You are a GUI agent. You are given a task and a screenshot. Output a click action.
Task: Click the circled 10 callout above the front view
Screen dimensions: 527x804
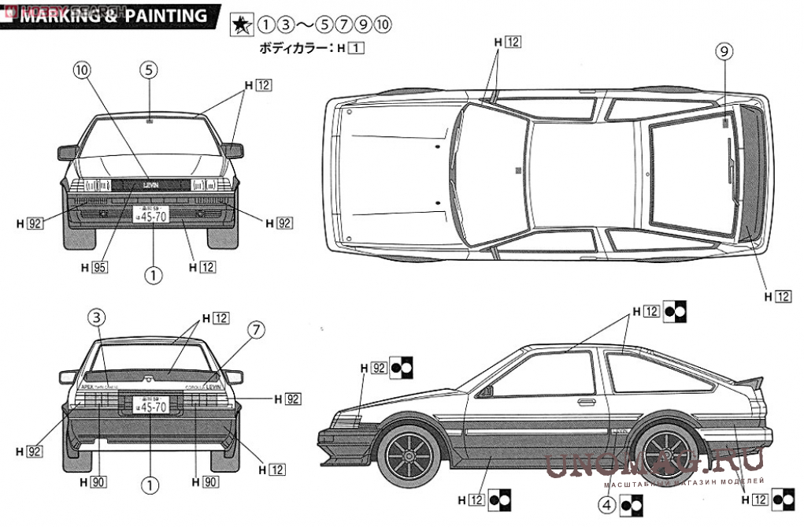coord(83,69)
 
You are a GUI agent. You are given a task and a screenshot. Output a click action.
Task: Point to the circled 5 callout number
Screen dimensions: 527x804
coord(150,69)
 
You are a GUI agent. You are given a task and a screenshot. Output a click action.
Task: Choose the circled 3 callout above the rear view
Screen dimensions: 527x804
coord(95,318)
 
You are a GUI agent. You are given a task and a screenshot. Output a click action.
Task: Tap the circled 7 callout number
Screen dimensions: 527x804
coord(256,329)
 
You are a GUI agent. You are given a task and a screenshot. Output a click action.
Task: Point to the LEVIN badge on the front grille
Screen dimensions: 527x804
coord(150,184)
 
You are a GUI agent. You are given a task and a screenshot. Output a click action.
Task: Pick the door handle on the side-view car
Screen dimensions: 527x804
coord(586,402)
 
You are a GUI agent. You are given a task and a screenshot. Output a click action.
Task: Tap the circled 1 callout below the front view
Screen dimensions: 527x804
coord(152,275)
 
